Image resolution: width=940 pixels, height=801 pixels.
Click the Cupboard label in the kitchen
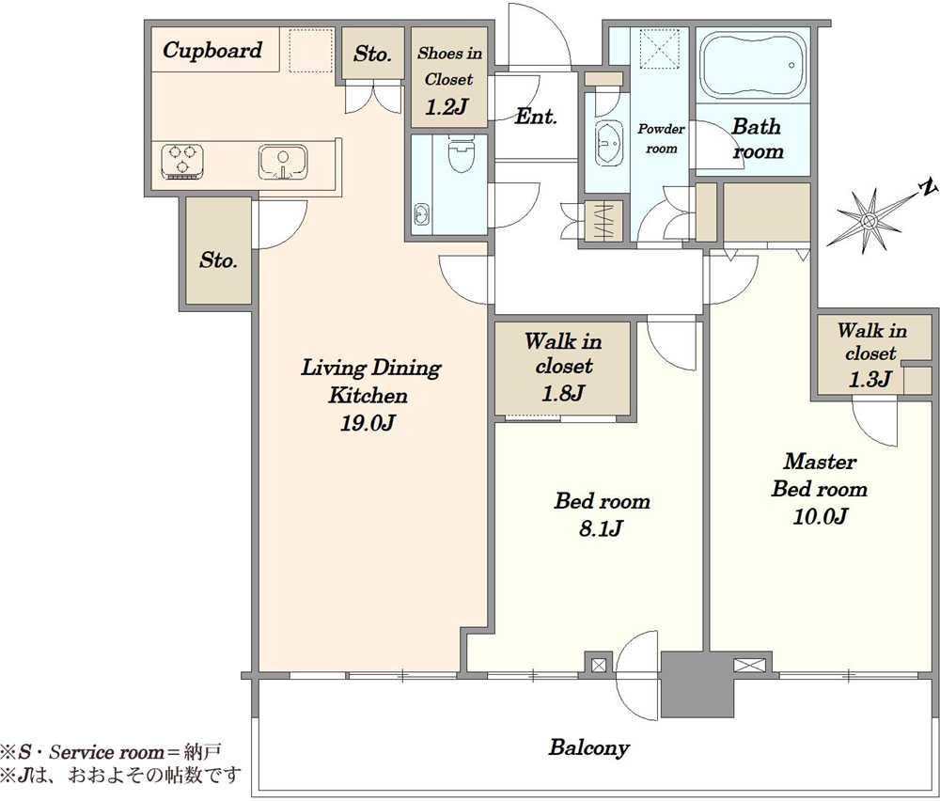[x=212, y=51]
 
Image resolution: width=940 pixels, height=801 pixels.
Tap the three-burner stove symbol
[x=182, y=162]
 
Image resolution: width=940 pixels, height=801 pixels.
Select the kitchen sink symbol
[x=283, y=162]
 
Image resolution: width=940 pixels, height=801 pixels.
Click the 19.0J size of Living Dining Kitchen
[x=368, y=424]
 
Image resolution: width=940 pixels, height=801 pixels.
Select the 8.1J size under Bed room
[x=602, y=528]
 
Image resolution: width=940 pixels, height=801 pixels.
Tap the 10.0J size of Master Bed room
[x=820, y=516]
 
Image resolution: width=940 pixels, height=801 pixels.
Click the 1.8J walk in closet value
[x=562, y=393]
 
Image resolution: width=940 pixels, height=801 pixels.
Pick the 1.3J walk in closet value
[x=869, y=379]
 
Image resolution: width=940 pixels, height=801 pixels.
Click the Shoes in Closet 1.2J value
[x=446, y=107]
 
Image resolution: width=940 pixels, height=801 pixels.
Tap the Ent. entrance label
[x=536, y=117]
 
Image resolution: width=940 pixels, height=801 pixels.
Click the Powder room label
[x=661, y=138]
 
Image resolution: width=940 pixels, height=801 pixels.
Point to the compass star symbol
[x=868, y=221]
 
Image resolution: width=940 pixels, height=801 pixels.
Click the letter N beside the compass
[x=928, y=188]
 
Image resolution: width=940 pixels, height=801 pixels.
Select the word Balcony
[x=588, y=748]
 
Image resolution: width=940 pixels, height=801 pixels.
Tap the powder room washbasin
[x=610, y=143]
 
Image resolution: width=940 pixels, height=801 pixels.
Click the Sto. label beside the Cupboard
[x=372, y=54]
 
